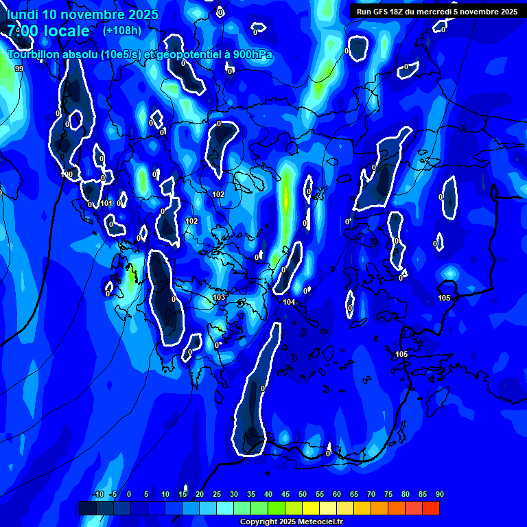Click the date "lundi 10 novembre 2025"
point(82,14)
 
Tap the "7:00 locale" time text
point(48,31)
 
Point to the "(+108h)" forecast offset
point(122,30)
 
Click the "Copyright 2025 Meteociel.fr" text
point(291,522)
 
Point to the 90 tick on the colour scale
point(439,494)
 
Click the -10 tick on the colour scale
point(97,494)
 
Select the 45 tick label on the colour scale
point(285,494)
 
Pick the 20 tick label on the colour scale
point(200,494)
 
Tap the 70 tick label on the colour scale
point(371,494)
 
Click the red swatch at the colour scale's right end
point(430,508)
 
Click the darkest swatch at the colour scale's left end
point(88,508)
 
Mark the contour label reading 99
point(19,69)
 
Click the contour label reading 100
point(67,174)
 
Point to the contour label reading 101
point(106,203)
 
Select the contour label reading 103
point(219,297)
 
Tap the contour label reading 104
point(289,302)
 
